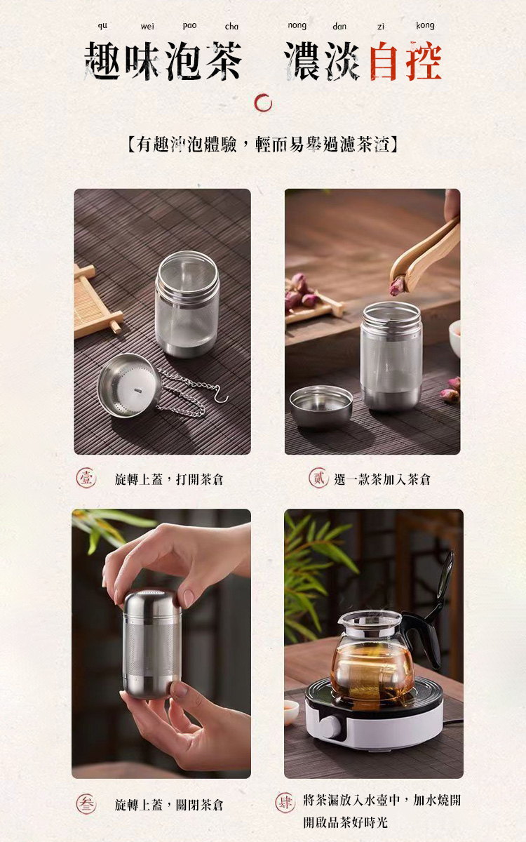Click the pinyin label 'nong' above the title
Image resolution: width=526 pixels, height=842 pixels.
click(x=297, y=26)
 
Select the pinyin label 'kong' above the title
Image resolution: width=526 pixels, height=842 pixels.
click(x=425, y=26)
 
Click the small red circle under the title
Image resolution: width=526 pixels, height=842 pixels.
click(x=263, y=103)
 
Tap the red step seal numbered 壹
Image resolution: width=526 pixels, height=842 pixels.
click(x=86, y=479)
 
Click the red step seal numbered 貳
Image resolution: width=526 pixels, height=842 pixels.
click(x=318, y=479)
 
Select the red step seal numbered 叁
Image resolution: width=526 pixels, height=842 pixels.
click(x=86, y=804)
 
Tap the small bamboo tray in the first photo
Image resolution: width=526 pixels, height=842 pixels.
click(x=93, y=302)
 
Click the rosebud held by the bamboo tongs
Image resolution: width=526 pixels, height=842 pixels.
click(x=398, y=285)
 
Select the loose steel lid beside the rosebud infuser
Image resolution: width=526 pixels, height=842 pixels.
click(x=321, y=406)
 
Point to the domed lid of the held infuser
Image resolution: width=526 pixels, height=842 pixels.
click(x=152, y=601)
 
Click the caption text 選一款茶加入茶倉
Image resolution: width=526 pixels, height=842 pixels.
click(x=382, y=479)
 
